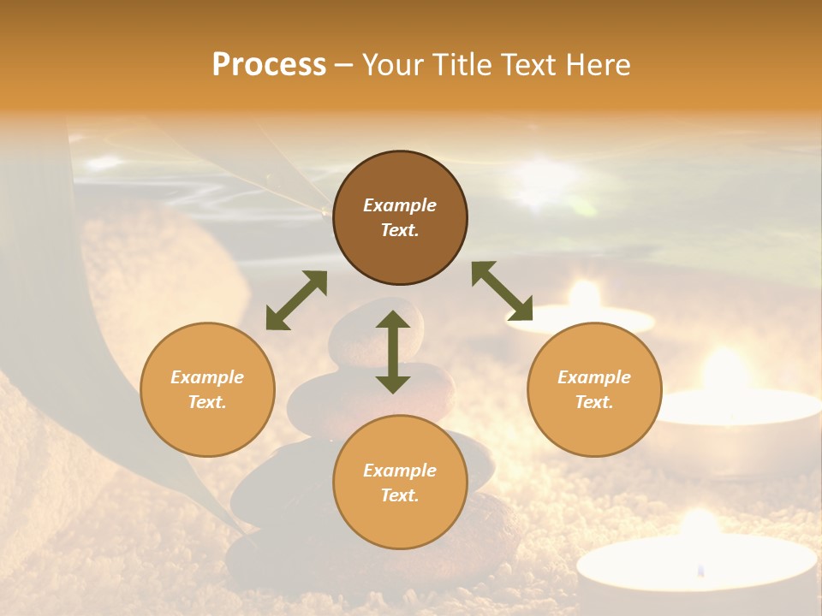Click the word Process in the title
pos(269,65)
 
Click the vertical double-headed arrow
pos(393,352)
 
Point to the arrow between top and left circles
pos(296,300)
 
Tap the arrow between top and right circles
pos(502,291)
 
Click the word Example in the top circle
pos(400,205)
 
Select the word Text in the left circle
pos(207,402)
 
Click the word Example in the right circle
pos(594,377)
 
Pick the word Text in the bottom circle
pos(400,495)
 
